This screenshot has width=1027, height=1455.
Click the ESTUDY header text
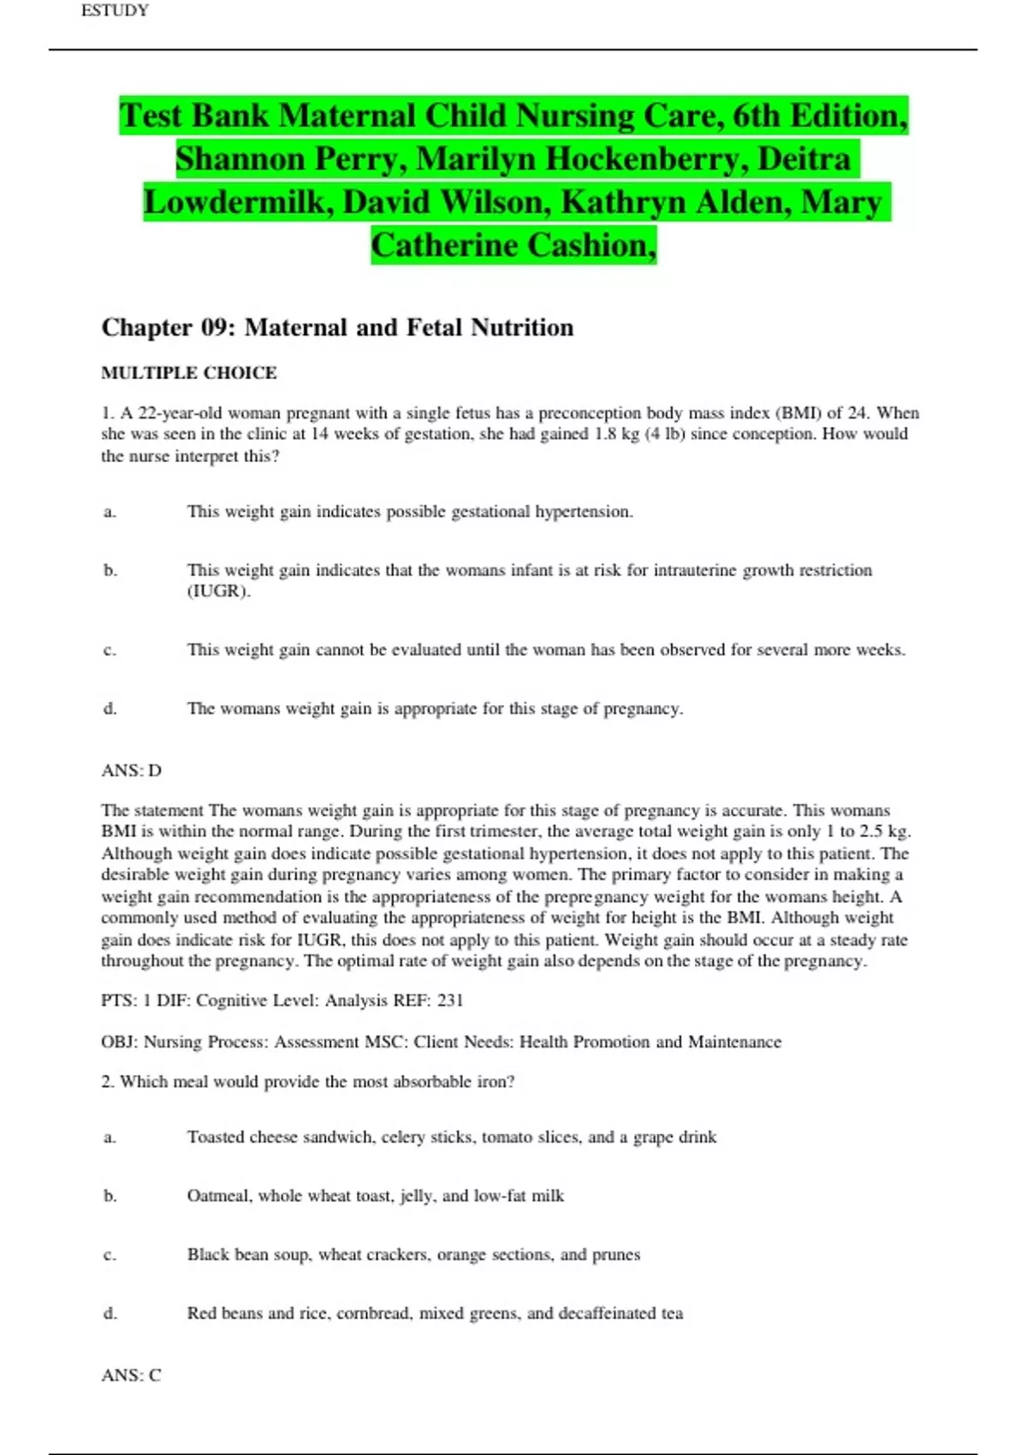(115, 10)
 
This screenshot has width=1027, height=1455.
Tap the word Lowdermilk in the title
(239, 203)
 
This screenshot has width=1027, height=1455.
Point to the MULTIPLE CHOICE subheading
(188, 373)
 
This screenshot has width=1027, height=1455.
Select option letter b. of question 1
(110, 570)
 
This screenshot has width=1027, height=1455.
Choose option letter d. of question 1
(110, 709)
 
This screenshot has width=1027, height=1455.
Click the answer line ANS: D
(131, 770)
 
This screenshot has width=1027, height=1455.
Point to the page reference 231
(450, 1001)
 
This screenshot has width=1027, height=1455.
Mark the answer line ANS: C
(131, 1375)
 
